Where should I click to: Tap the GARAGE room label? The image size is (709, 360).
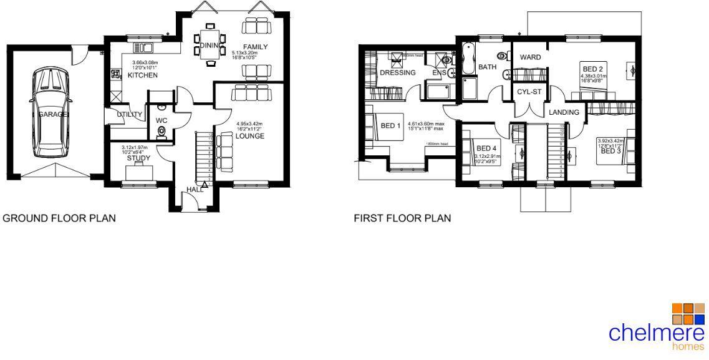click(x=54, y=115)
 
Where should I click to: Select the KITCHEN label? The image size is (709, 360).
click(x=142, y=75)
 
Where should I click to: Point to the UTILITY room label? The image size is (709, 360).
click(x=129, y=114)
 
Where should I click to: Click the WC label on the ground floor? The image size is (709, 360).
click(x=162, y=120)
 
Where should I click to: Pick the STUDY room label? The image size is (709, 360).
click(x=138, y=158)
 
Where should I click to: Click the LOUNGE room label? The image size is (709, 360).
click(x=249, y=136)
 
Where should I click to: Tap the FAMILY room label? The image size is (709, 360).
click(x=255, y=47)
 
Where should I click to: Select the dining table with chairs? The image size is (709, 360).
click(x=207, y=44)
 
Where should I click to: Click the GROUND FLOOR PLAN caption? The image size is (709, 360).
click(x=59, y=218)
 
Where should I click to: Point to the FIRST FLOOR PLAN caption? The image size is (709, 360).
click(x=402, y=218)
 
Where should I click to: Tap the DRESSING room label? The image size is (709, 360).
click(x=397, y=73)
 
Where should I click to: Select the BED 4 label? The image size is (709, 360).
click(x=486, y=148)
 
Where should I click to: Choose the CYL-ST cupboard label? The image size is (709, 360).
click(x=529, y=92)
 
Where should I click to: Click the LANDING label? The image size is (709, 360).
click(x=564, y=112)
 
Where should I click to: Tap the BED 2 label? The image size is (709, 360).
click(x=593, y=69)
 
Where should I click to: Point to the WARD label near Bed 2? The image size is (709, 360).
click(x=530, y=57)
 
